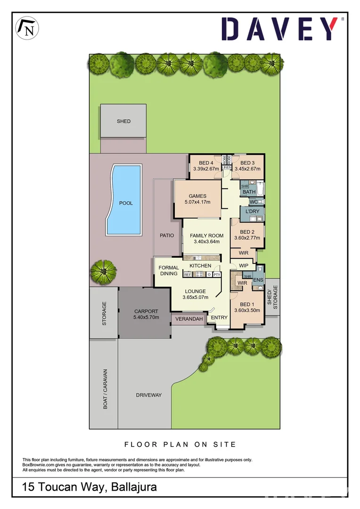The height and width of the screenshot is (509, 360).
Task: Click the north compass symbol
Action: coord(28,28)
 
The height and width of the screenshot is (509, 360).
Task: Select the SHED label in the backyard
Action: coord(123,121)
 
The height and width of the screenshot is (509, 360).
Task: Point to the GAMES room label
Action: coord(197,196)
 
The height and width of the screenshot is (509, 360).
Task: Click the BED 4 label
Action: coord(206,163)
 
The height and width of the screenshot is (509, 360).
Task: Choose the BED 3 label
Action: coord(247,163)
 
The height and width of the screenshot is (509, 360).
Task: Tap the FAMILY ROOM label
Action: coord(206,236)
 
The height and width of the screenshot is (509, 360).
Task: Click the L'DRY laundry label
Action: coord(252,212)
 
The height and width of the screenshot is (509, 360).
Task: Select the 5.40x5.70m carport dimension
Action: coord(146,318)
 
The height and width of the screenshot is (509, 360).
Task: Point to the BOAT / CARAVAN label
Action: coord(106,389)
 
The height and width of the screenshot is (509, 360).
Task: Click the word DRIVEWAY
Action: coord(149,395)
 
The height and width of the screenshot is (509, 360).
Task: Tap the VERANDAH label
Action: coord(189,319)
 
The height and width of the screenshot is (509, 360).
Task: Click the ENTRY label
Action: coord(219,318)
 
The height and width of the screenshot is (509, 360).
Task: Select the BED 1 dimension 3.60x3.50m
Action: coord(247,310)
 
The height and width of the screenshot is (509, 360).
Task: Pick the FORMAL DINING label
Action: coord(168,271)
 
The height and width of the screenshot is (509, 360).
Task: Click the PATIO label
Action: coord(167,235)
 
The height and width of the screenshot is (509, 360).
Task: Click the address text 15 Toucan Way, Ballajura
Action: coord(90,487)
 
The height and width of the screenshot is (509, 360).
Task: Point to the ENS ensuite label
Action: coord(258,280)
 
